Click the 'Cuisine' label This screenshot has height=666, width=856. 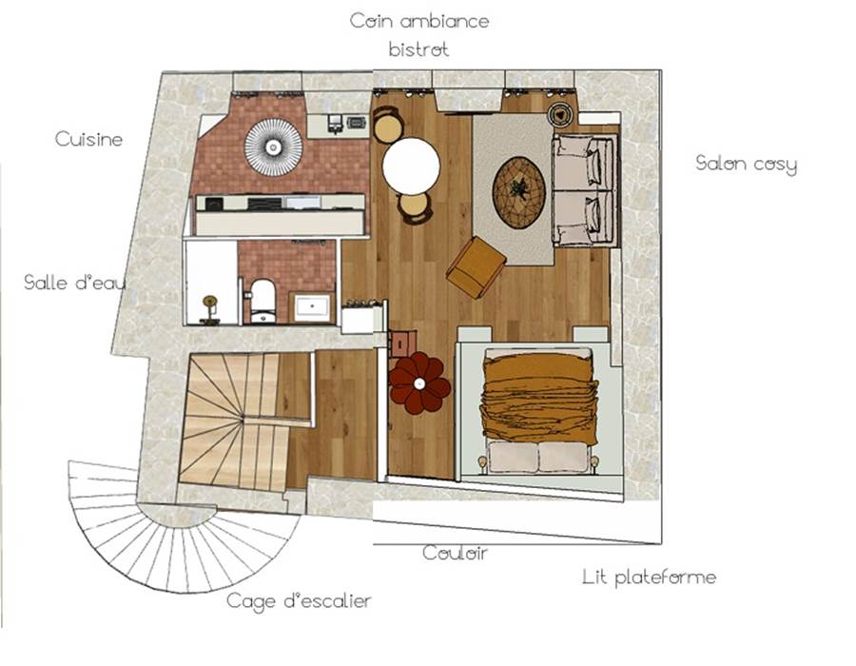(x=88, y=139)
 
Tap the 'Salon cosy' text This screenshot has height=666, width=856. (x=746, y=164)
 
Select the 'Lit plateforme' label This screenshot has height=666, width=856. (x=649, y=577)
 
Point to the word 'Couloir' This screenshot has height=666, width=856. (x=455, y=553)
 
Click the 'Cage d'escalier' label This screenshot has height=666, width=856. (x=299, y=601)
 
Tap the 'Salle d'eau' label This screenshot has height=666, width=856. (x=75, y=282)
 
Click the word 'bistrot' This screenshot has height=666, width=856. (x=418, y=49)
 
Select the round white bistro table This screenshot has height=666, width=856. (x=411, y=166)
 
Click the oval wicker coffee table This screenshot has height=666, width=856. (x=518, y=192)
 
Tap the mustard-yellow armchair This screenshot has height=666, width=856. (x=477, y=267)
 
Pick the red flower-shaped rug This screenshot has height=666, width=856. (x=419, y=383)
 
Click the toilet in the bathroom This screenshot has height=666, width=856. (x=263, y=301)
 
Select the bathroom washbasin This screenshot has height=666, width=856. (x=312, y=307)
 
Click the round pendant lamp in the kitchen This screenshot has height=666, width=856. (x=273, y=147)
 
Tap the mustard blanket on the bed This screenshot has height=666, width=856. (x=538, y=397)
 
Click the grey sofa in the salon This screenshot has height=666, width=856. (x=585, y=189)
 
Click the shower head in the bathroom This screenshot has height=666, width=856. (x=209, y=302)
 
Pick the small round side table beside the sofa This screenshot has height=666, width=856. (x=560, y=114)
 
